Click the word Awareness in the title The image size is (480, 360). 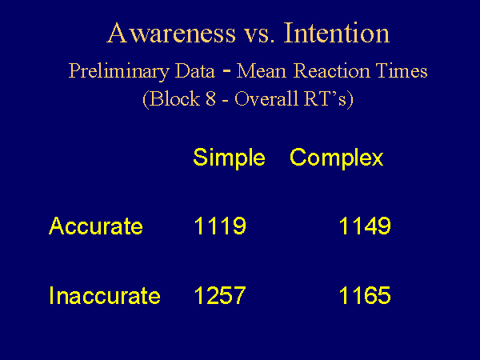(171, 33)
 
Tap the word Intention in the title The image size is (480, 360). (337, 33)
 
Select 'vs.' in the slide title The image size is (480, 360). (259, 35)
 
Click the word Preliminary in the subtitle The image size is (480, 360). (118, 72)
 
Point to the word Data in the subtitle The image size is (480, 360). (195, 70)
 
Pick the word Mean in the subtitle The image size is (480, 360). (262, 70)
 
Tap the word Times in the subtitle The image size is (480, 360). (402, 70)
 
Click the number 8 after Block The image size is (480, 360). (211, 99)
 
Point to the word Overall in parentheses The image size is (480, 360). (266, 98)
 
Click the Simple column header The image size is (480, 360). (230, 158)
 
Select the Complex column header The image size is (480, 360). (337, 158)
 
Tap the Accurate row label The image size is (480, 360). (96, 226)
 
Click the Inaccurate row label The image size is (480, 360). (105, 295)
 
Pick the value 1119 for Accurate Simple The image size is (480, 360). (220, 226)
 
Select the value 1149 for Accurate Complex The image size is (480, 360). (365, 226)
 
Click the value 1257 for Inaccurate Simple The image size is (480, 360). (220, 295)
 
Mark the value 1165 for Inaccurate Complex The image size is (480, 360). (365, 295)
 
